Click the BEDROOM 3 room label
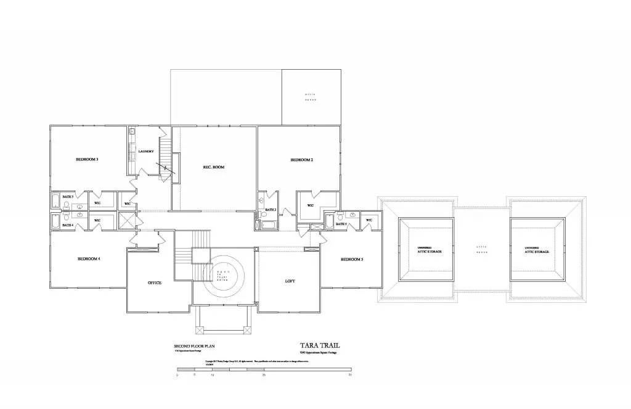click(x=87, y=160)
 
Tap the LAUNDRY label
click(x=145, y=152)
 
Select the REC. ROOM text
click(x=213, y=167)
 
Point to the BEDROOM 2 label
click(x=302, y=160)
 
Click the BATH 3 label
click(x=68, y=197)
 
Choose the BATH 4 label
click(x=68, y=225)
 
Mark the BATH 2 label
click(x=271, y=210)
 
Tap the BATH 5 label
click(x=341, y=224)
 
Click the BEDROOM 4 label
click(x=89, y=258)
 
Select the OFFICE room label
click(x=154, y=283)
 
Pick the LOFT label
click(x=290, y=281)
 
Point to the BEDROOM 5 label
click(x=352, y=259)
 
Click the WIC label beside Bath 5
click(x=369, y=220)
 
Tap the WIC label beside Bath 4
click(x=97, y=220)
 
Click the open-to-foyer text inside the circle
click(x=222, y=275)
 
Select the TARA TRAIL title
click(x=319, y=346)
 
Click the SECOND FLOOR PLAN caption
click(x=192, y=347)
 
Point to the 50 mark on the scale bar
click(x=350, y=374)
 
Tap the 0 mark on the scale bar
click(x=177, y=374)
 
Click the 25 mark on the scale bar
click(x=264, y=374)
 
